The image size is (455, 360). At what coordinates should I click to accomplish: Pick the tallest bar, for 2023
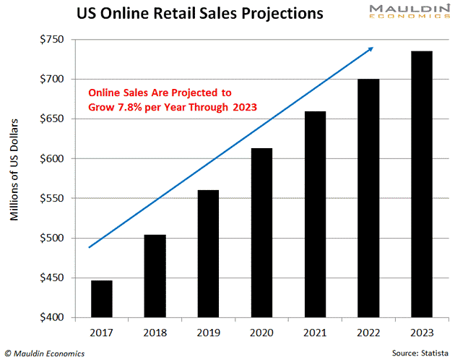pos(421,184)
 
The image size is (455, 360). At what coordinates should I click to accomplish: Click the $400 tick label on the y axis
pos(53,317)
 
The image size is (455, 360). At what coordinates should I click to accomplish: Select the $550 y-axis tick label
pos(53,198)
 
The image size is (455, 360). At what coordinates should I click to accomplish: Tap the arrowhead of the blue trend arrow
pos(370,49)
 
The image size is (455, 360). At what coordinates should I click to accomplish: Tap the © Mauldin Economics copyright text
pos(44,353)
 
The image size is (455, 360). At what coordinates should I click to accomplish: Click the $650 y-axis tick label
pos(53,119)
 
